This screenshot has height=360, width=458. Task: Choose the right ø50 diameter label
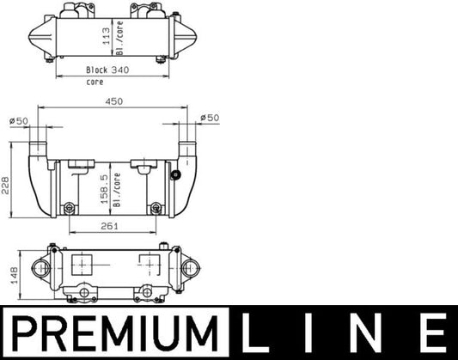pos(209,118)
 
